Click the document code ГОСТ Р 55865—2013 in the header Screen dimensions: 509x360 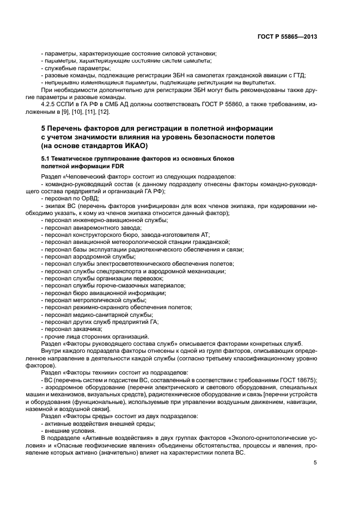pyautogui.click(x=287, y=37)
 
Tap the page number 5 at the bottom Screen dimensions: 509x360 pyautogui.click(x=315, y=463)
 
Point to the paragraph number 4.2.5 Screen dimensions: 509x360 pyautogui.click(x=50, y=104)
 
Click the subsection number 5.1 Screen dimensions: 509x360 pyautogui.click(x=46, y=158)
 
